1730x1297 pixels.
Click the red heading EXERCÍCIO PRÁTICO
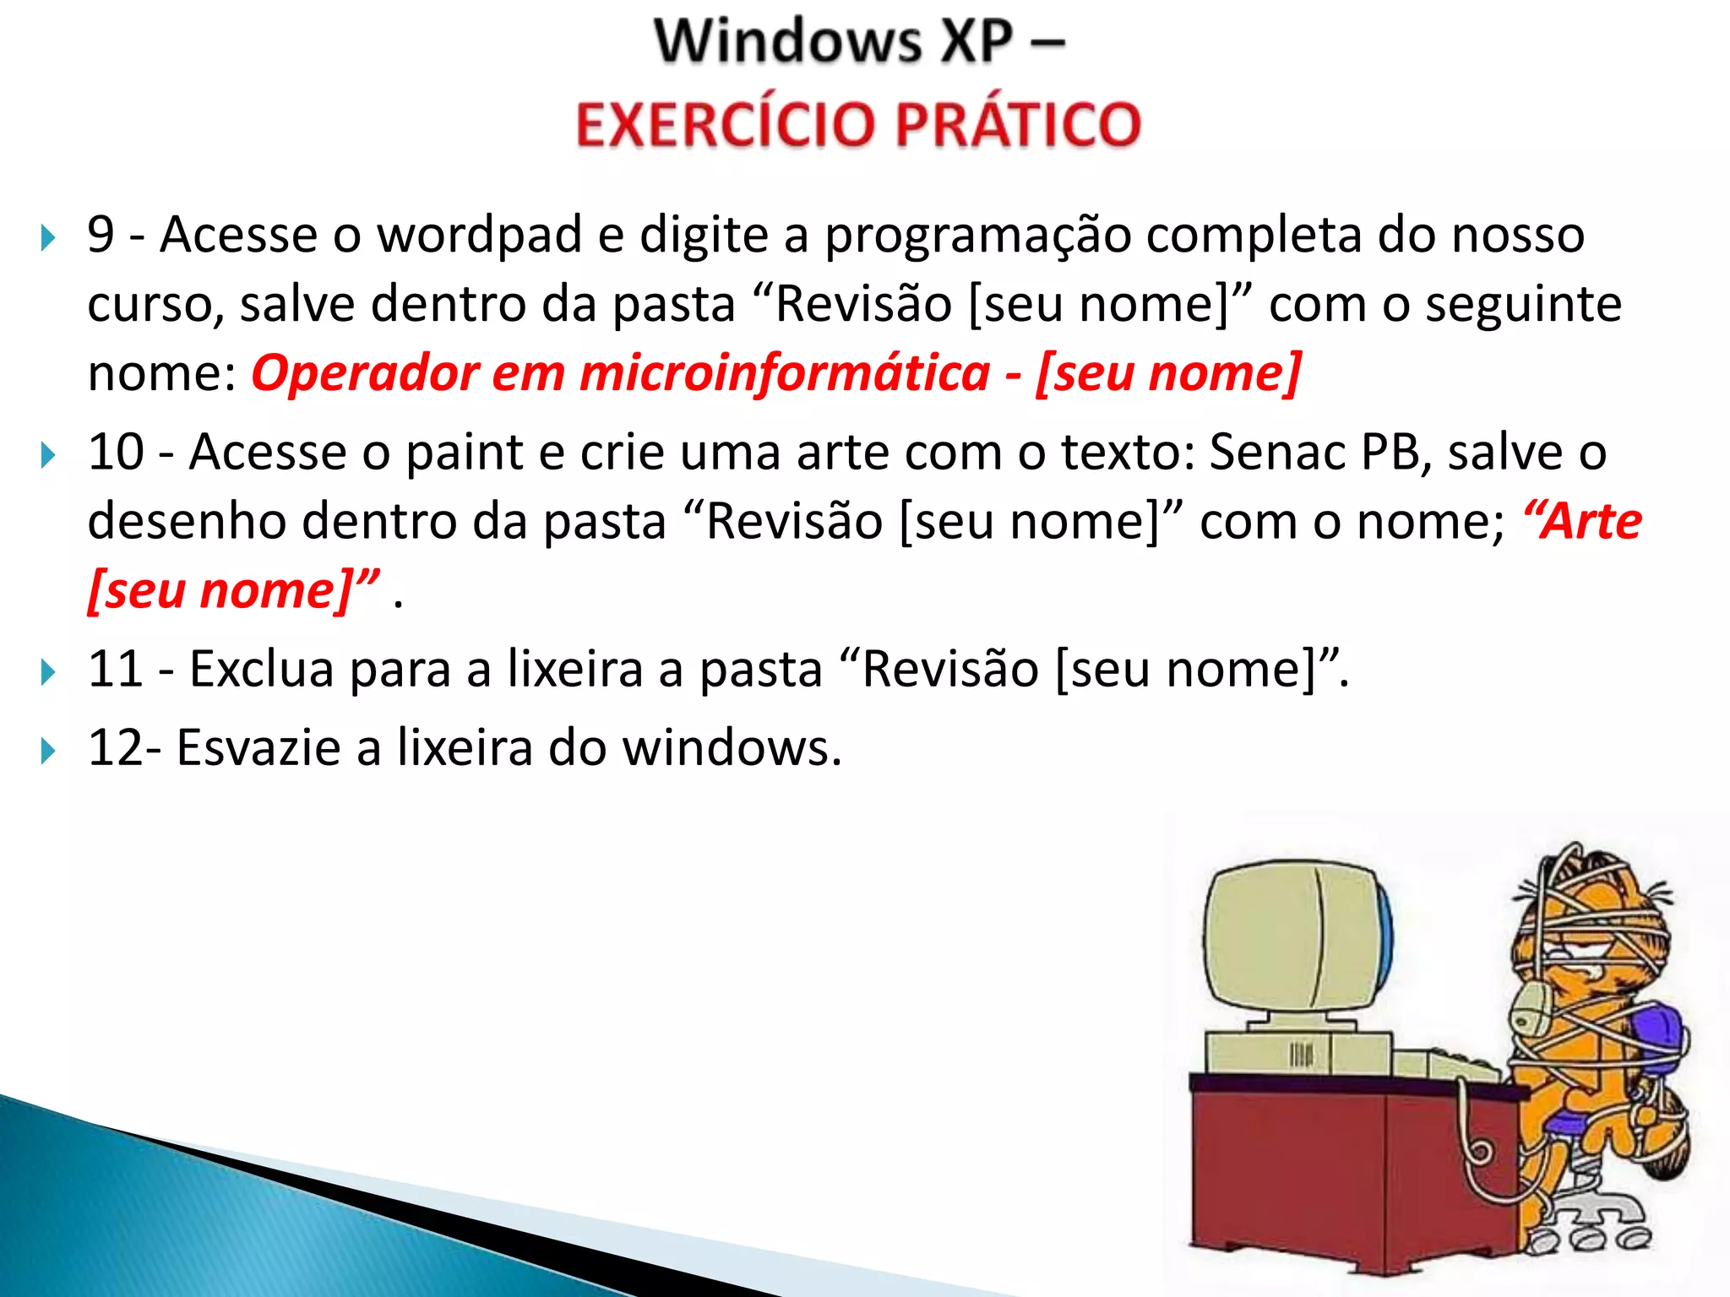point(858,123)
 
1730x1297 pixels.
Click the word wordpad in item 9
point(479,236)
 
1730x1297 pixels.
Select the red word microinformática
point(785,372)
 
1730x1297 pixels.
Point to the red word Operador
point(365,374)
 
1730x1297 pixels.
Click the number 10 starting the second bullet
point(116,452)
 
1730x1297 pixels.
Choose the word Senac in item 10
point(1276,452)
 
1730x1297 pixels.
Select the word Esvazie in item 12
point(258,748)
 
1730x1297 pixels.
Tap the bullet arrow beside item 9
point(48,238)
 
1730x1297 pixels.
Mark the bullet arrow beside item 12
point(48,751)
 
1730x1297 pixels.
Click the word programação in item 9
point(977,236)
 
